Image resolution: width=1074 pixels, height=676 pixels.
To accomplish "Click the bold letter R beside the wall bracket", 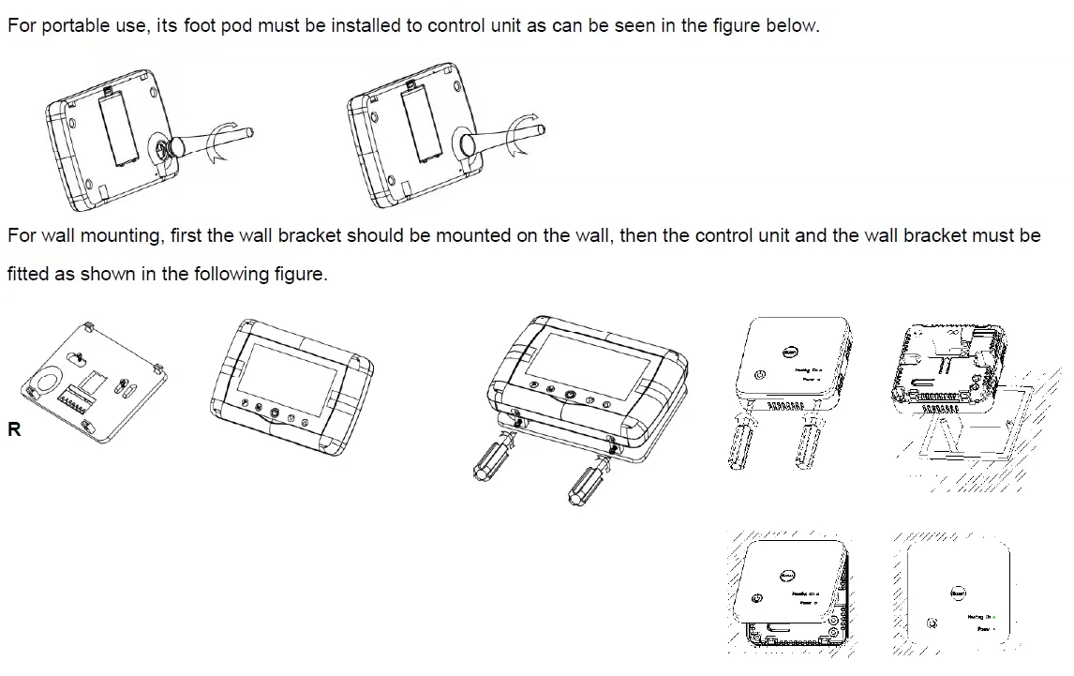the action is pyautogui.click(x=14, y=431).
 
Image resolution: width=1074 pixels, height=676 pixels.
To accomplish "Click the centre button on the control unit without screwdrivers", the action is pyautogui.click(x=274, y=413).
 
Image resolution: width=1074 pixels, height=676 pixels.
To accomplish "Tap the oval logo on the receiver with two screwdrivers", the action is pyautogui.click(x=790, y=353).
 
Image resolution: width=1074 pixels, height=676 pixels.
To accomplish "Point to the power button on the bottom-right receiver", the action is pyautogui.click(x=932, y=623).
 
